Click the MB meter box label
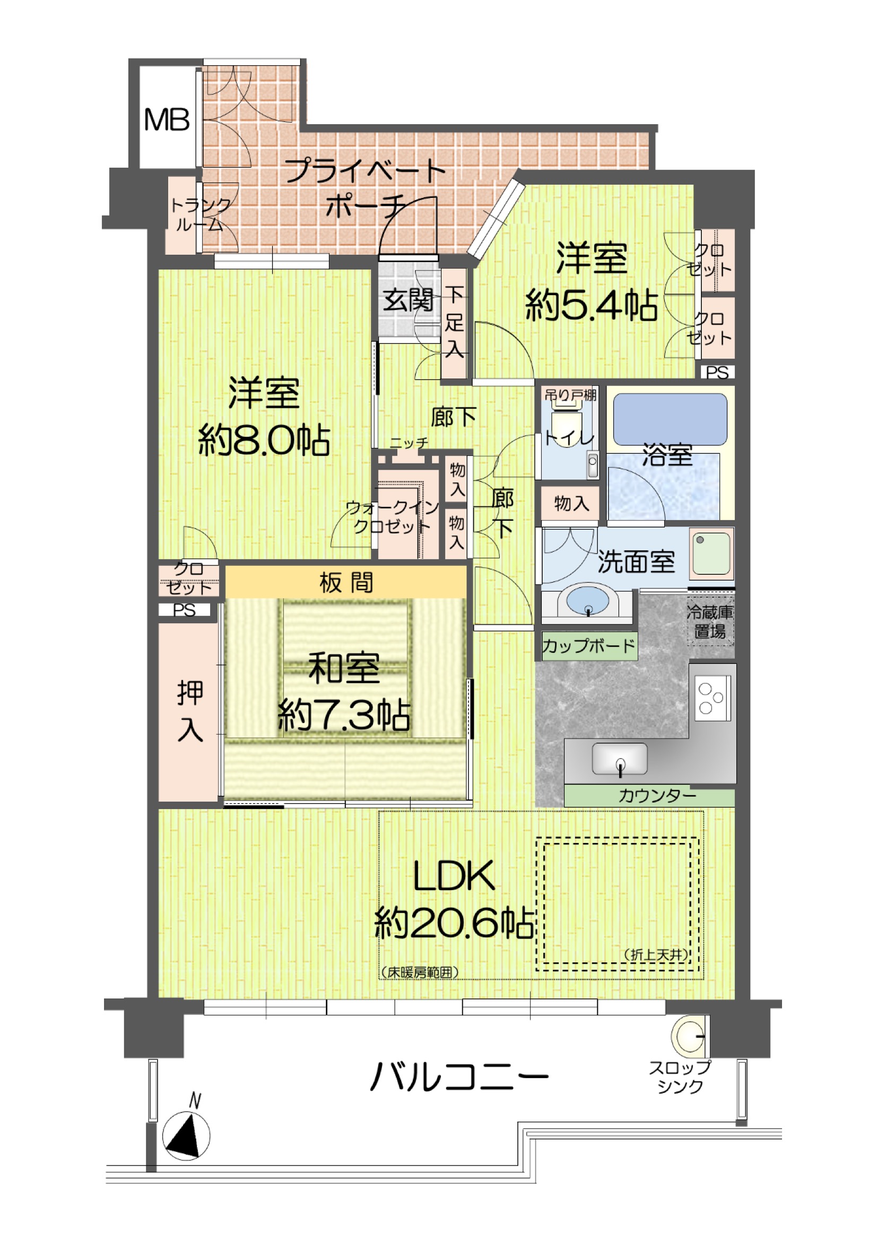coord(167,120)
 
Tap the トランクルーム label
coord(201,214)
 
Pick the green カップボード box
coord(589,647)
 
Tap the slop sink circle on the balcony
coord(689,1036)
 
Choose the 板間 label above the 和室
coord(346,583)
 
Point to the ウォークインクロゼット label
coord(391,516)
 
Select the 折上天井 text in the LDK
coord(657,955)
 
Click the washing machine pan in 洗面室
coord(711,554)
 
